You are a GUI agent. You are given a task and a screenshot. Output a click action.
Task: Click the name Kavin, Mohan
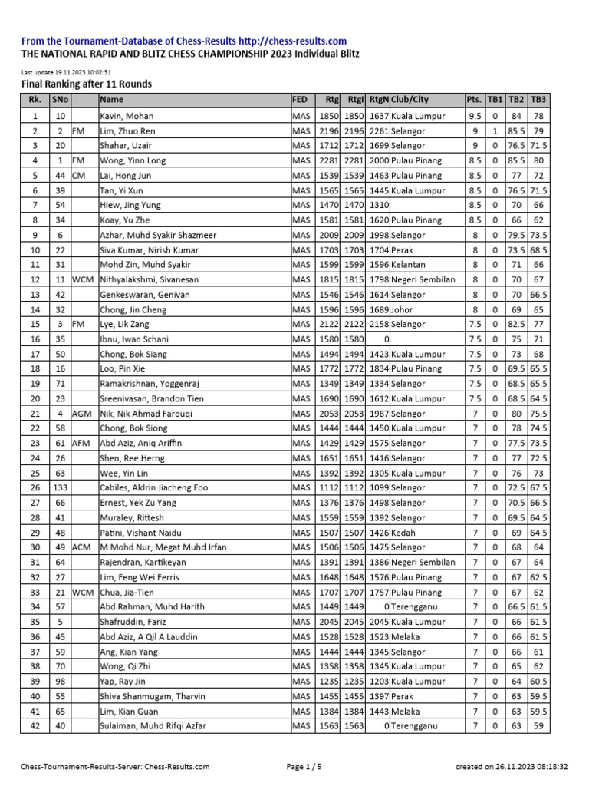127,116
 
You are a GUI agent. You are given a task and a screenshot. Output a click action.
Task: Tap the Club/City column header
410,99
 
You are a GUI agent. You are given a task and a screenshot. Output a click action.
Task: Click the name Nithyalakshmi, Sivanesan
149,279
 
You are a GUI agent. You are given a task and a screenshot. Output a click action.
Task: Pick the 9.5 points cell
475,116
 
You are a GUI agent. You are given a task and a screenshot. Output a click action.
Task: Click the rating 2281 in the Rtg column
328,160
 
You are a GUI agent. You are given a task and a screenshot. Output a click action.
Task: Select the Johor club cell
402,309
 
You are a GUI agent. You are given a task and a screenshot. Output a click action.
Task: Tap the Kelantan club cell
407,265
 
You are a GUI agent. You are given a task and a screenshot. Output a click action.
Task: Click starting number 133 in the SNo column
61,487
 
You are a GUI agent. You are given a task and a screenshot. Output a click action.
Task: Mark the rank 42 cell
35,725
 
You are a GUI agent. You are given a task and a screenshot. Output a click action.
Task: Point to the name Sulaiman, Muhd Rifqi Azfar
153,725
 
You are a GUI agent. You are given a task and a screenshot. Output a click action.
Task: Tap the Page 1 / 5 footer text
304,766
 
